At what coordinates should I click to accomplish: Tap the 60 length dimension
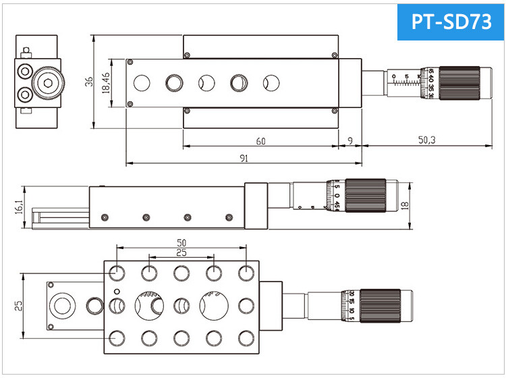pos(260,140)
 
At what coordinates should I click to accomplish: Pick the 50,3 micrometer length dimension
pos(426,140)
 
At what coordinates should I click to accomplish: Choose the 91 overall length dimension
pos(244,158)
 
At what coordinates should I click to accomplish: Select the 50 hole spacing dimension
pos(181,242)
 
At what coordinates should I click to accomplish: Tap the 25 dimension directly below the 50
pos(181,252)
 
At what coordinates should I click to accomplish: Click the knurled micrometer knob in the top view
pos(459,83)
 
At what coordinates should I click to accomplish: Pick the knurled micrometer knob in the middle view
pos(365,196)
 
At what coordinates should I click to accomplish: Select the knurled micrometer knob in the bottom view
pos(381,306)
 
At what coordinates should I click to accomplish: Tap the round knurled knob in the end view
pos(49,83)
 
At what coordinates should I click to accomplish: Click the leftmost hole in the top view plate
pos(142,83)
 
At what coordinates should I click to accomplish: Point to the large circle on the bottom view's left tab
pos(63,305)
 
